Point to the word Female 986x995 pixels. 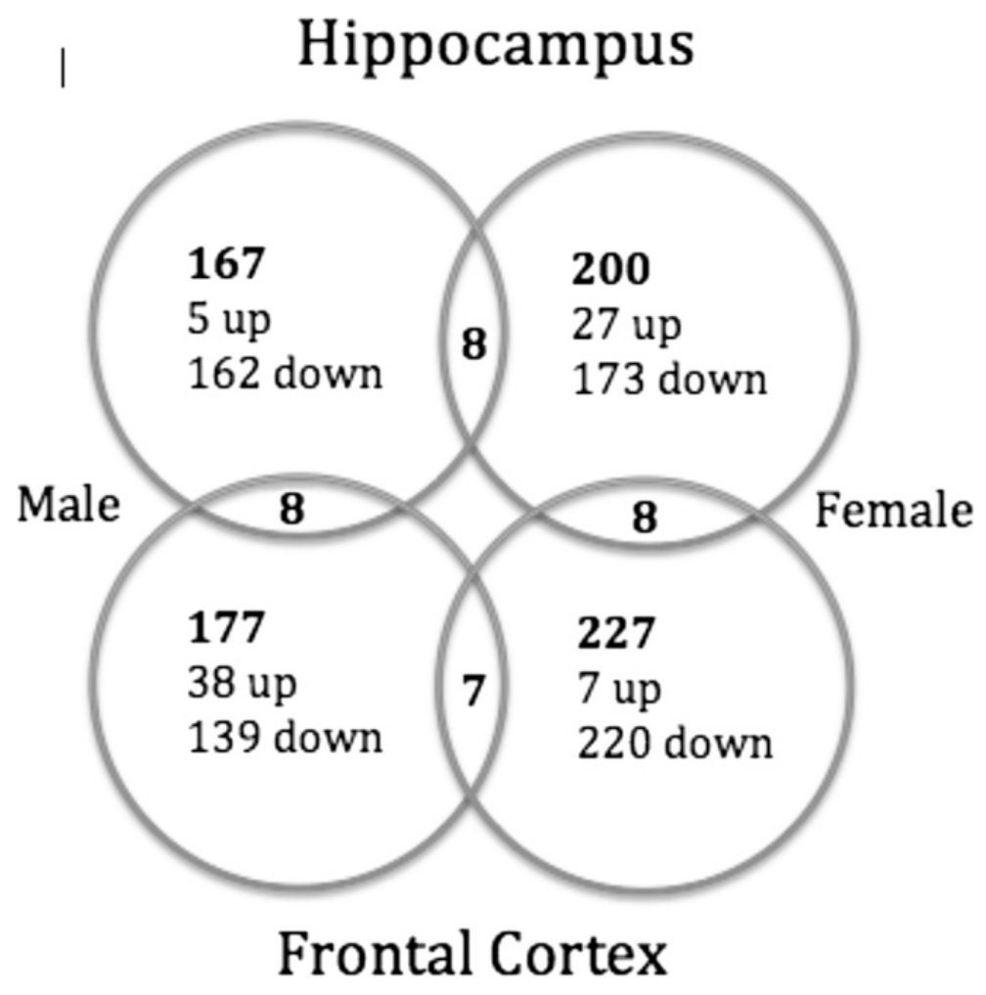894,511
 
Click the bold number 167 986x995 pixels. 225,267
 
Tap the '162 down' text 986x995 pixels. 286,374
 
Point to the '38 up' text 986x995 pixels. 241,682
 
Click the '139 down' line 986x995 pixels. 286,736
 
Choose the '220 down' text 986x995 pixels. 673,743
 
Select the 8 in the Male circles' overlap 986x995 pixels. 291,509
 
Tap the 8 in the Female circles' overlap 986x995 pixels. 643,519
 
